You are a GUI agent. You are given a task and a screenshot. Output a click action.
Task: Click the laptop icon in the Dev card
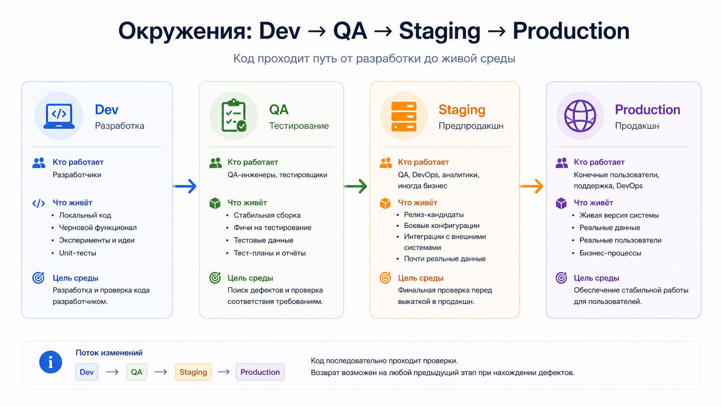pyautogui.click(x=59, y=116)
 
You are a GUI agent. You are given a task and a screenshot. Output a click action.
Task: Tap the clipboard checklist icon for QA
pyautogui.click(x=234, y=116)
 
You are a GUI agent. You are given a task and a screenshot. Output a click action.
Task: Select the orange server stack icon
pyautogui.click(x=404, y=116)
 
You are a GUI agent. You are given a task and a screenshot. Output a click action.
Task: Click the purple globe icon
pyautogui.click(x=580, y=116)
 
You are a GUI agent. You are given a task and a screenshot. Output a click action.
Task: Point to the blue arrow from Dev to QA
pyautogui.click(x=185, y=186)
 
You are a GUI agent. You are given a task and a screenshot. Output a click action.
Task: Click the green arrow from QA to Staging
pyautogui.click(x=355, y=186)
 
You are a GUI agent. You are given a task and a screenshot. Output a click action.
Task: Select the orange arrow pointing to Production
pyautogui.click(x=531, y=186)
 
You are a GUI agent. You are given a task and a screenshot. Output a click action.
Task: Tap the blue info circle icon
pyautogui.click(x=51, y=362)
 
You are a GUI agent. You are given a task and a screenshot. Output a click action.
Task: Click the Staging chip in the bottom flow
pyautogui.click(x=193, y=372)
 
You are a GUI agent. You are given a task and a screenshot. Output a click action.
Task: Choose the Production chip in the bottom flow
pyautogui.click(x=260, y=372)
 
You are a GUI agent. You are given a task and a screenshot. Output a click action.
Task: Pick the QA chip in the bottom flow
pyautogui.click(x=136, y=372)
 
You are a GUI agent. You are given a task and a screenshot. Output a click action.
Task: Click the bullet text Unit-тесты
pyautogui.click(x=78, y=253)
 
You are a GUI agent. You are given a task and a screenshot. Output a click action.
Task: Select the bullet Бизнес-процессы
pyautogui.click(x=610, y=253)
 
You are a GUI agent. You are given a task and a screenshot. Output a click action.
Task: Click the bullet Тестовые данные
pyautogui.click(x=263, y=240)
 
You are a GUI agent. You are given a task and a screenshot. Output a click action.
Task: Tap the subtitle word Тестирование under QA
pyautogui.click(x=299, y=126)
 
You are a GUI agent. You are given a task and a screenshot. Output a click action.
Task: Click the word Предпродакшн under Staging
pyautogui.click(x=471, y=126)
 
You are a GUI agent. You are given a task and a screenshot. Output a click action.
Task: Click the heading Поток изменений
pyautogui.click(x=109, y=352)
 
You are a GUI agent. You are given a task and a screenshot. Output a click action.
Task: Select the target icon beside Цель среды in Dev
pyautogui.click(x=38, y=278)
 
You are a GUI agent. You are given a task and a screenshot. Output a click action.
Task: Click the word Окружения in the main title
pyautogui.click(x=184, y=31)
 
